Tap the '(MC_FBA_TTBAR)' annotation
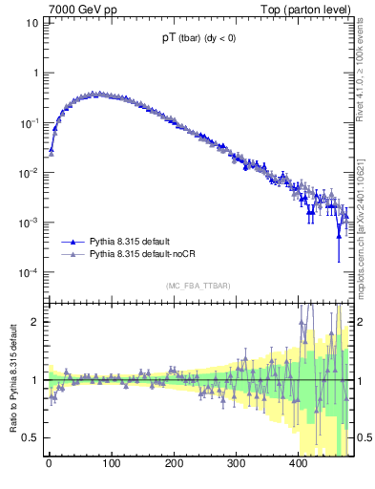199,286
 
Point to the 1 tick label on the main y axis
35,74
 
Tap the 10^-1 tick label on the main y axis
30,123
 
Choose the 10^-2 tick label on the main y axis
30,173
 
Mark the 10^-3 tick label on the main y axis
30,223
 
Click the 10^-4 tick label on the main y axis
30,273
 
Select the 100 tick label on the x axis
111,464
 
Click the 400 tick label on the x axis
298,464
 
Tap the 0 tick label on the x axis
49,464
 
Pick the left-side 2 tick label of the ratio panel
36,322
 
